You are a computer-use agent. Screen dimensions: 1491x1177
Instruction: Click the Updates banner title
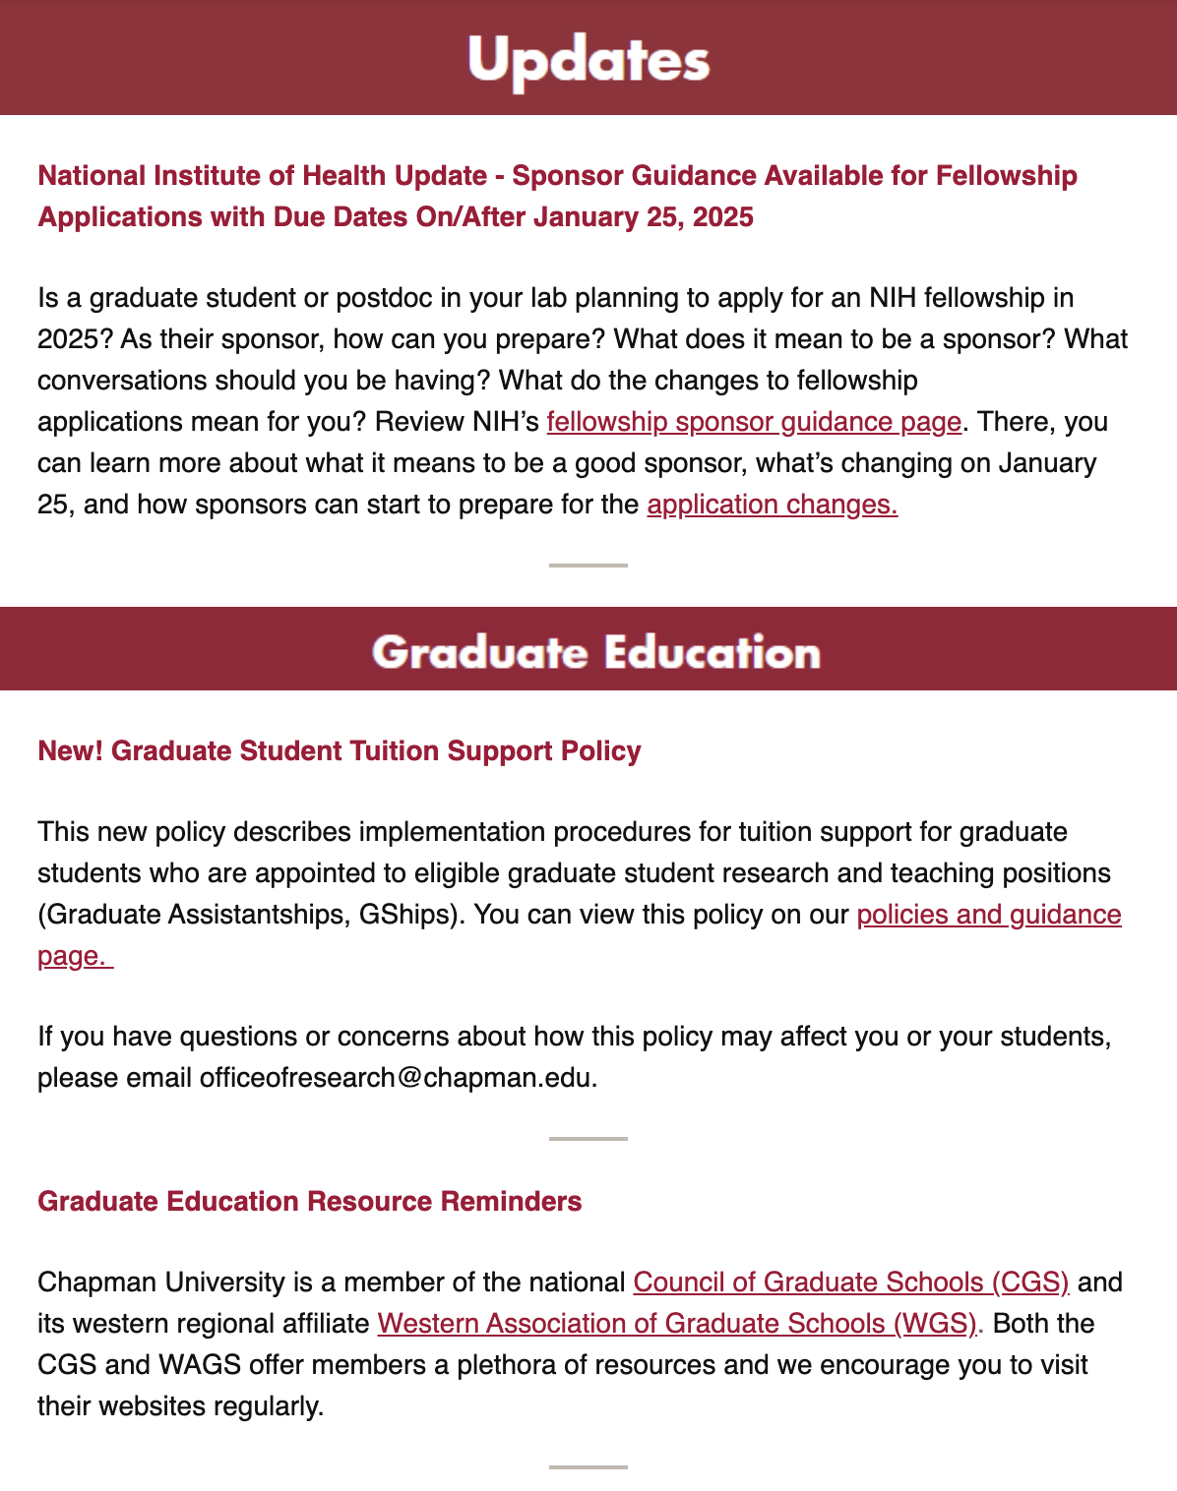(x=588, y=60)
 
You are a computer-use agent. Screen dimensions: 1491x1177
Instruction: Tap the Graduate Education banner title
(x=595, y=653)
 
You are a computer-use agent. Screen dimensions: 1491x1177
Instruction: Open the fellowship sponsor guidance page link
(x=754, y=422)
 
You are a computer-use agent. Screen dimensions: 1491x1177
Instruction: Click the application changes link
(x=772, y=505)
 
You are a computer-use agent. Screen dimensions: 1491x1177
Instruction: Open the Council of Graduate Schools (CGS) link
(x=850, y=1282)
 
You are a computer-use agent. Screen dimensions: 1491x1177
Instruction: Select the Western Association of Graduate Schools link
(x=677, y=1324)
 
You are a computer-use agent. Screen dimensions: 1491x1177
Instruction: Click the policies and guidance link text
(x=988, y=915)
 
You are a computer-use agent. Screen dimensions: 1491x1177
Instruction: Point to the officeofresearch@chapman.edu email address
(x=397, y=1078)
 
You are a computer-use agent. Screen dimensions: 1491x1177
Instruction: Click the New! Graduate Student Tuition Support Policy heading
(x=340, y=751)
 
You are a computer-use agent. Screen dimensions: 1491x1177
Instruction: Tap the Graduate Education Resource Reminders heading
(x=310, y=1202)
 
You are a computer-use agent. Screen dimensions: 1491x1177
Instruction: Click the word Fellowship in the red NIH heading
(x=1006, y=176)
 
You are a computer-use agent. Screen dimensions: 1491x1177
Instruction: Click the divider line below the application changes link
(x=588, y=566)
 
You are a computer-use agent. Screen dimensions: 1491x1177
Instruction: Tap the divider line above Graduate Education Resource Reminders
(x=588, y=1139)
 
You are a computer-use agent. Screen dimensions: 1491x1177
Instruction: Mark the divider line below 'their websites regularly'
(x=588, y=1467)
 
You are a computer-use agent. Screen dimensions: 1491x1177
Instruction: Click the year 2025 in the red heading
(x=723, y=217)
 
